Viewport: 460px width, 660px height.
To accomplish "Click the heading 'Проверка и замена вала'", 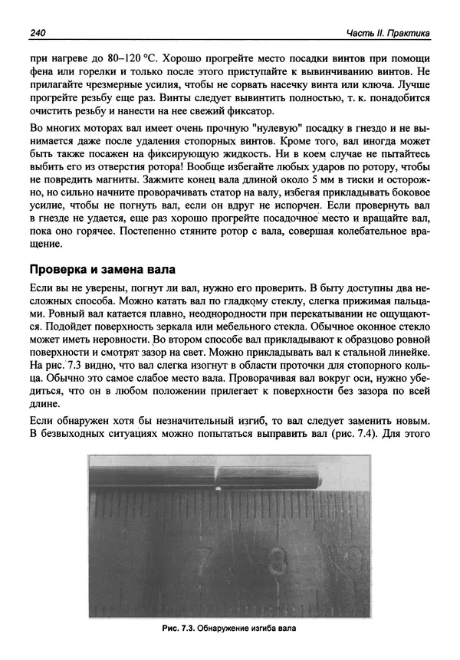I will (102, 270).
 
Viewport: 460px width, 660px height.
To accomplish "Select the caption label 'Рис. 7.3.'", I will (179, 627).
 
